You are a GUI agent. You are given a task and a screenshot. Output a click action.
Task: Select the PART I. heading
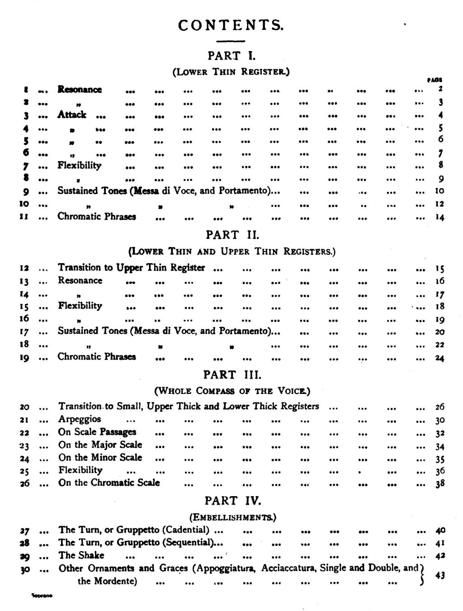point(231,56)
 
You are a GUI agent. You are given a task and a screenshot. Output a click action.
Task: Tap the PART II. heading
point(232,235)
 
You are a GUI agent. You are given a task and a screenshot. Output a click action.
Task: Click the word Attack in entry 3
point(71,115)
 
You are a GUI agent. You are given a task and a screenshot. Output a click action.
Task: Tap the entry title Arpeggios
point(80,419)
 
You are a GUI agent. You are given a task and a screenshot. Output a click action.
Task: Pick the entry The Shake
point(81,555)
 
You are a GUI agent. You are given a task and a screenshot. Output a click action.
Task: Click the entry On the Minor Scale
point(100,457)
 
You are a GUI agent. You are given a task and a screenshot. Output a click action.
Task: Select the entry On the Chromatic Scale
point(109,483)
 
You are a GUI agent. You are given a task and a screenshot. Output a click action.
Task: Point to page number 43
point(439,575)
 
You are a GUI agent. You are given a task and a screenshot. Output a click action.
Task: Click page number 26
point(440,407)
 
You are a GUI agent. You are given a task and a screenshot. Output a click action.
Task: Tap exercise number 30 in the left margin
point(25,569)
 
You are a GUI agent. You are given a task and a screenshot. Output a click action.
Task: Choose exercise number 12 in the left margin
point(24,268)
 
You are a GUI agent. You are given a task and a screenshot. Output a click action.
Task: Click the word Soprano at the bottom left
point(42,596)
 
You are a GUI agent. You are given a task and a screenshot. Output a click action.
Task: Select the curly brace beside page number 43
point(422,574)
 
